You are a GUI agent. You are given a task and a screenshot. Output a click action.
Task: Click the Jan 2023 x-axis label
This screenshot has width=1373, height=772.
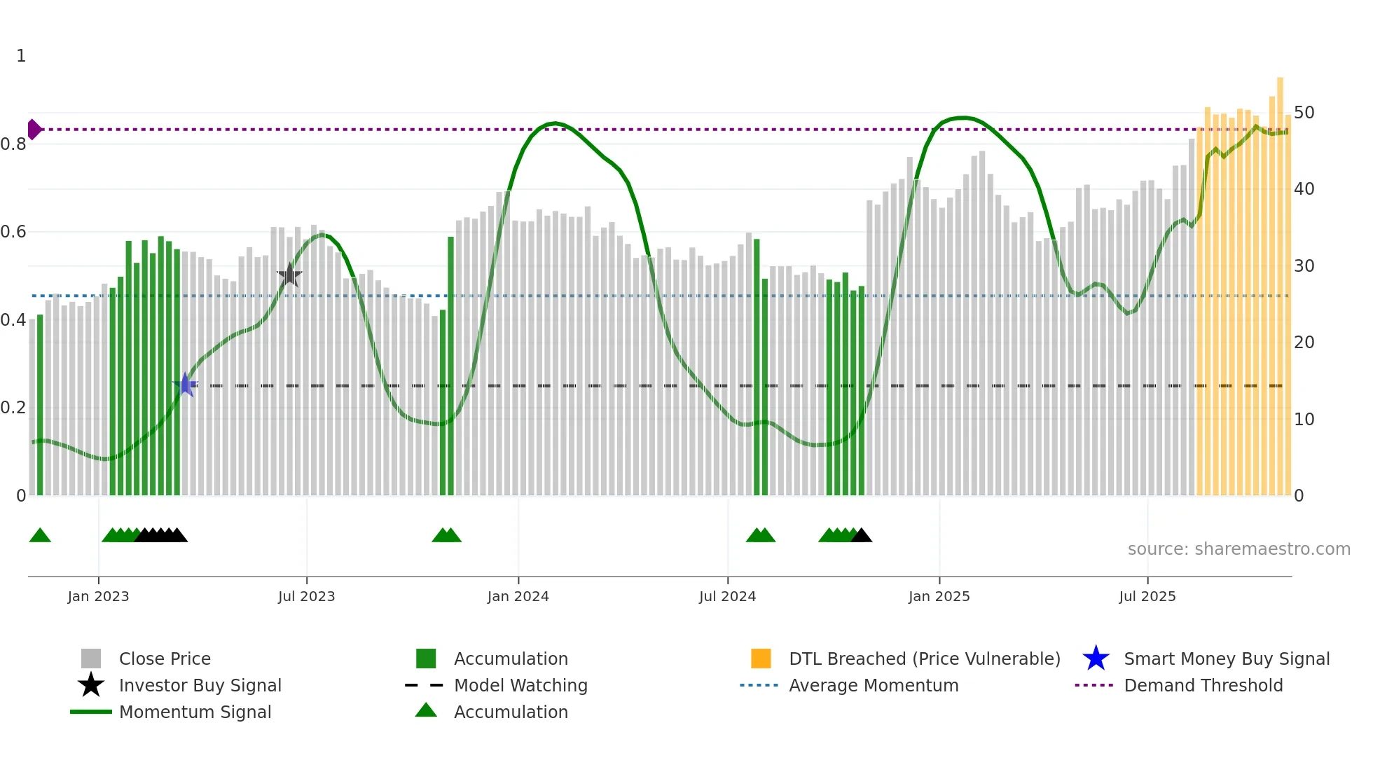click(x=98, y=596)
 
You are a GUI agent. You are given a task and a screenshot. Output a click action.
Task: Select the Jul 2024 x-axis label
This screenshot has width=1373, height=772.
click(x=727, y=596)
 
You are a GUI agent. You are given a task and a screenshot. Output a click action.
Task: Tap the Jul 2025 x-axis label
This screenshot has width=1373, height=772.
click(x=1147, y=596)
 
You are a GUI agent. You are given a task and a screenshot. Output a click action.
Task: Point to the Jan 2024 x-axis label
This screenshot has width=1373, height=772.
click(x=518, y=596)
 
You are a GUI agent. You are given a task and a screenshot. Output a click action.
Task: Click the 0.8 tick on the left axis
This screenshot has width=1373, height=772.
click(x=13, y=144)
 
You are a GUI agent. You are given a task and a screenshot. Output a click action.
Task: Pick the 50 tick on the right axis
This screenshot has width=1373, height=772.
click(x=1304, y=113)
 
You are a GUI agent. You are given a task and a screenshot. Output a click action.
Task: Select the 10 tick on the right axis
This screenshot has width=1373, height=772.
click(x=1304, y=420)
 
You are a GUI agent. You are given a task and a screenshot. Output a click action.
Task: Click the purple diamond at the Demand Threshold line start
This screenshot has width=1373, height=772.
click(x=34, y=130)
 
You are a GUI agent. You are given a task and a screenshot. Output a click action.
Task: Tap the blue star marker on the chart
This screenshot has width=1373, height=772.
click(x=185, y=385)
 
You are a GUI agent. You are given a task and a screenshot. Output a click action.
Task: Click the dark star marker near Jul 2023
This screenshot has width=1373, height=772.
click(x=289, y=275)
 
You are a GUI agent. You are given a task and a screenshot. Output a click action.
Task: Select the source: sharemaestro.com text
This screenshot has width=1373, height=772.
click(x=1239, y=549)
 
